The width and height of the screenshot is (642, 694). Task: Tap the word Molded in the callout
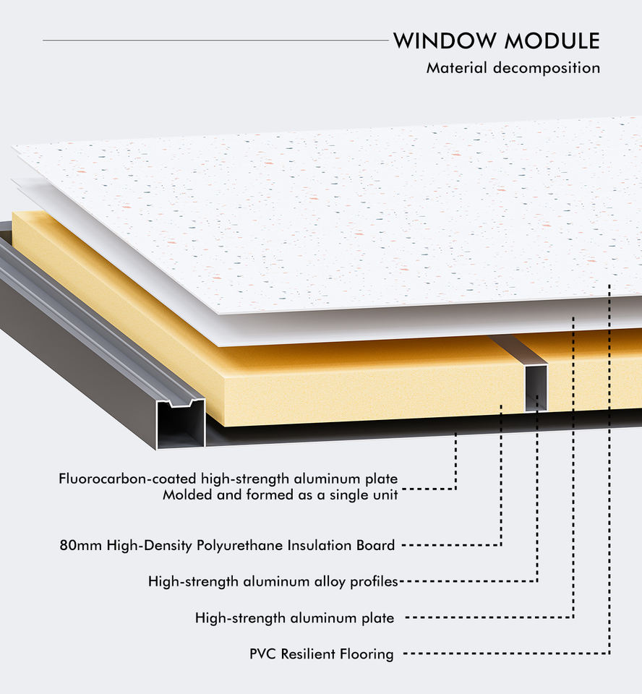point(184,495)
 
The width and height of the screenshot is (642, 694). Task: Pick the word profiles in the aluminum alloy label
point(371,581)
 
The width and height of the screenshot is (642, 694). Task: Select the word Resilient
point(307,654)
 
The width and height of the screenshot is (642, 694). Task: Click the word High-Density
point(150,545)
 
